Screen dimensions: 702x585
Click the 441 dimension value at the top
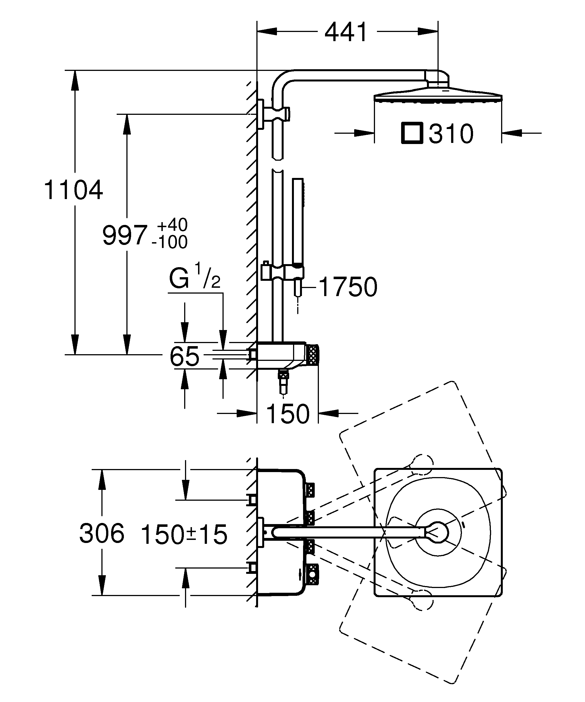pos(346,33)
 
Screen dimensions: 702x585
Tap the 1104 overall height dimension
pos(73,190)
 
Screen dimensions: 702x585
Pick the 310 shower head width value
pos(451,134)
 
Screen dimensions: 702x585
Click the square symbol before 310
pos(412,133)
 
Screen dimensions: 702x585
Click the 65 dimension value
pos(184,356)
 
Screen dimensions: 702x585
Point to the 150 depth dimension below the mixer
pos(288,414)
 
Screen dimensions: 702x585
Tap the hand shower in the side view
pos(298,221)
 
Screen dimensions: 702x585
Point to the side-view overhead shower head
pos(438,95)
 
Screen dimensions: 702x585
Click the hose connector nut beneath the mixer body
pos(284,377)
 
